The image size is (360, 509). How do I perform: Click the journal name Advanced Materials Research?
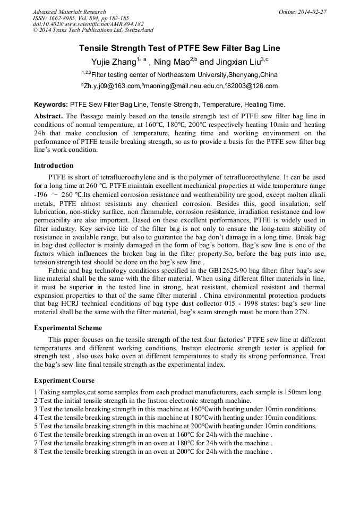(x=69, y=12)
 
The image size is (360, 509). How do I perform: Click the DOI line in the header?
(x=88, y=24)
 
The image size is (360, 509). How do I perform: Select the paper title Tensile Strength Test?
(x=179, y=48)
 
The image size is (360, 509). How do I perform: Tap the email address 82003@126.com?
(x=253, y=86)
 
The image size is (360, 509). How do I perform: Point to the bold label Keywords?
(x=51, y=105)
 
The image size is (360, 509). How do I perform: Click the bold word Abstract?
(x=48, y=116)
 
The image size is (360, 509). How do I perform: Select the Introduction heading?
(x=54, y=166)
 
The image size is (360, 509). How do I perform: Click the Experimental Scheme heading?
(x=68, y=328)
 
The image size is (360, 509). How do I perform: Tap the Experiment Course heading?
(x=64, y=381)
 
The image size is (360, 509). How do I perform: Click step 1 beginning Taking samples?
(x=178, y=392)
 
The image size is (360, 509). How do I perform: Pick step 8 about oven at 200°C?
(x=153, y=452)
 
